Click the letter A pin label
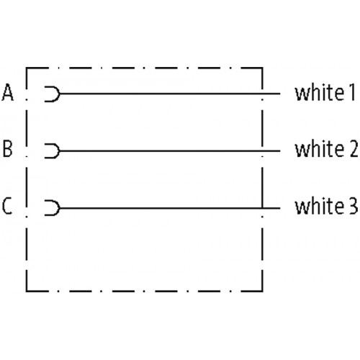pyautogui.click(x=7, y=92)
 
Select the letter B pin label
pyautogui.click(x=7, y=149)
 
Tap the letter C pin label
pyautogui.click(x=7, y=206)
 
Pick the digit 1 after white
pyautogui.click(x=352, y=92)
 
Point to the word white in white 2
pyautogui.click(x=320, y=149)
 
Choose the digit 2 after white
pyautogui.click(x=354, y=149)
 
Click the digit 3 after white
pyautogui.click(x=354, y=206)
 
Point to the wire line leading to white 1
pyautogui.click(x=170, y=94)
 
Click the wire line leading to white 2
pyautogui.click(x=170, y=151)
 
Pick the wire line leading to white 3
pyautogui.click(x=170, y=208)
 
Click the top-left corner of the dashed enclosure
pyautogui.click(x=27, y=68)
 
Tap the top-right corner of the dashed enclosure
pyautogui.click(x=262, y=68)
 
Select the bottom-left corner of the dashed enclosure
pyautogui.click(x=27, y=291)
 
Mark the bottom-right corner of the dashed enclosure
pyautogui.click(x=262, y=291)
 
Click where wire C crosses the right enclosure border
pyautogui.click(x=262, y=208)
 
